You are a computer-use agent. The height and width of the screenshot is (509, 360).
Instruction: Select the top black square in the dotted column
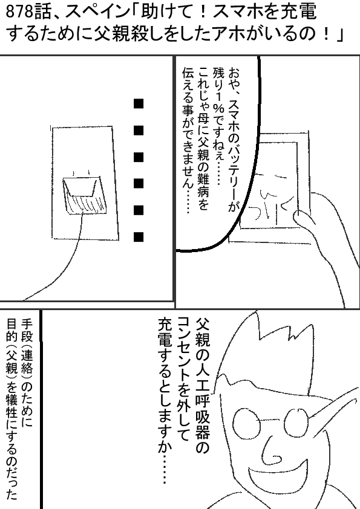[x=139, y=104]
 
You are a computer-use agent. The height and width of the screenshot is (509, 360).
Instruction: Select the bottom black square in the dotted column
[x=139, y=237]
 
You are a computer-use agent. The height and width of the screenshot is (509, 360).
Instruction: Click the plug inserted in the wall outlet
[x=85, y=196]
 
